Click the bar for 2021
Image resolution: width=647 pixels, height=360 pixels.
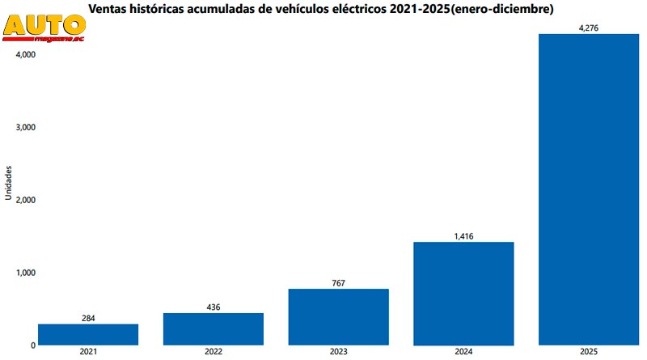(x=88, y=334)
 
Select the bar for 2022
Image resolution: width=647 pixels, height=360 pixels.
(x=214, y=328)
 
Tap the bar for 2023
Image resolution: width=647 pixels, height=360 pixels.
(x=339, y=316)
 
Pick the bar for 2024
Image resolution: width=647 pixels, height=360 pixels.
(x=463, y=293)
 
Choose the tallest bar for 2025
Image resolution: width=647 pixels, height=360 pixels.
(x=589, y=190)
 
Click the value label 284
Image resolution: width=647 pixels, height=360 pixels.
(x=88, y=318)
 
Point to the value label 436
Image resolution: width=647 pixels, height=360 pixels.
(x=214, y=307)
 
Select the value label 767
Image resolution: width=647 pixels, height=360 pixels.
(x=339, y=283)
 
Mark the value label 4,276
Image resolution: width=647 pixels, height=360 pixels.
(x=589, y=29)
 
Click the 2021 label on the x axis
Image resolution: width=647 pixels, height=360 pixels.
(x=88, y=352)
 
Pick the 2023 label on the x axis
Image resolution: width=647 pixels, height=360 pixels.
(x=339, y=352)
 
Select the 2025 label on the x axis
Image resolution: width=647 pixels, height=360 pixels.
(x=589, y=352)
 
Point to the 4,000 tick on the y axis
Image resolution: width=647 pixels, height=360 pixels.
(x=24, y=54)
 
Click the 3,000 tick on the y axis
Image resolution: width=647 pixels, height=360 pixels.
(x=24, y=127)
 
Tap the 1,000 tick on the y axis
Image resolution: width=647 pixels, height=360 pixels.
(x=24, y=273)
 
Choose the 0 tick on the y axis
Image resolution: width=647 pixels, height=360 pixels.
(x=32, y=345)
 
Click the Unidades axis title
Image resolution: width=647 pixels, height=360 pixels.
(x=8, y=183)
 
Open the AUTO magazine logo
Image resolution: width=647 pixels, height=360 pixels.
(x=44, y=29)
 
